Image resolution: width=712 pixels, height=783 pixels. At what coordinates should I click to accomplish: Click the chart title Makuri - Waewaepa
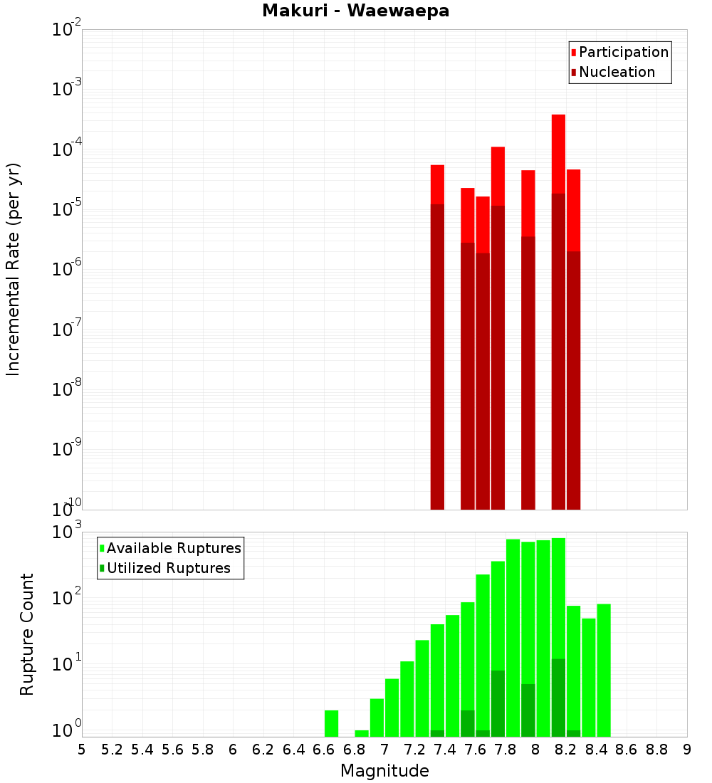pyautogui.click(x=355, y=11)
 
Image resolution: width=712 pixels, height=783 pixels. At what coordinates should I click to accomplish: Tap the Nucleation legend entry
pyautogui.click(x=616, y=72)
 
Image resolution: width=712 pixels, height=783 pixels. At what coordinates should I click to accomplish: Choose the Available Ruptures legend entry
pyautogui.click(x=173, y=548)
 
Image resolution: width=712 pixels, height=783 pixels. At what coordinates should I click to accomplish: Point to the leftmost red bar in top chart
pyautogui.click(x=437, y=184)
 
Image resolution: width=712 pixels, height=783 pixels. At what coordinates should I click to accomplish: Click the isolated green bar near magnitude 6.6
pyautogui.click(x=331, y=722)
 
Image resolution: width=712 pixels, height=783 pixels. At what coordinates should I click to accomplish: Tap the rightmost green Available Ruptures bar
pyautogui.click(x=604, y=669)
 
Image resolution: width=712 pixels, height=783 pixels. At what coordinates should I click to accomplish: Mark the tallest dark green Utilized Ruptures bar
pyautogui.click(x=558, y=698)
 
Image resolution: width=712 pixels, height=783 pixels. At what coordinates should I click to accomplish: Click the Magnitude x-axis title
pyautogui.click(x=384, y=771)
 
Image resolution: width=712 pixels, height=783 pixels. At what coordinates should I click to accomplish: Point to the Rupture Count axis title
pyautogui.click(x=27, y=634)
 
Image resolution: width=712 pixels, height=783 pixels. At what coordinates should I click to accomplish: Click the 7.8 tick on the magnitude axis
pyautogui.click(x=506, y=750)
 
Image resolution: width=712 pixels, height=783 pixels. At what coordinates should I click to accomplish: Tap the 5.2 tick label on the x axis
pyautogui.click(x=112, y=750)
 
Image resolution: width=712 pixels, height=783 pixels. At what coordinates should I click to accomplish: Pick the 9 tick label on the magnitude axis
pyautogui.click(x=687, y=750)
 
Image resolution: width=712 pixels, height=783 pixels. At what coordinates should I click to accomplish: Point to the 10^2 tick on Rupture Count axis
pyautogui.click(x=68, y=598)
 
